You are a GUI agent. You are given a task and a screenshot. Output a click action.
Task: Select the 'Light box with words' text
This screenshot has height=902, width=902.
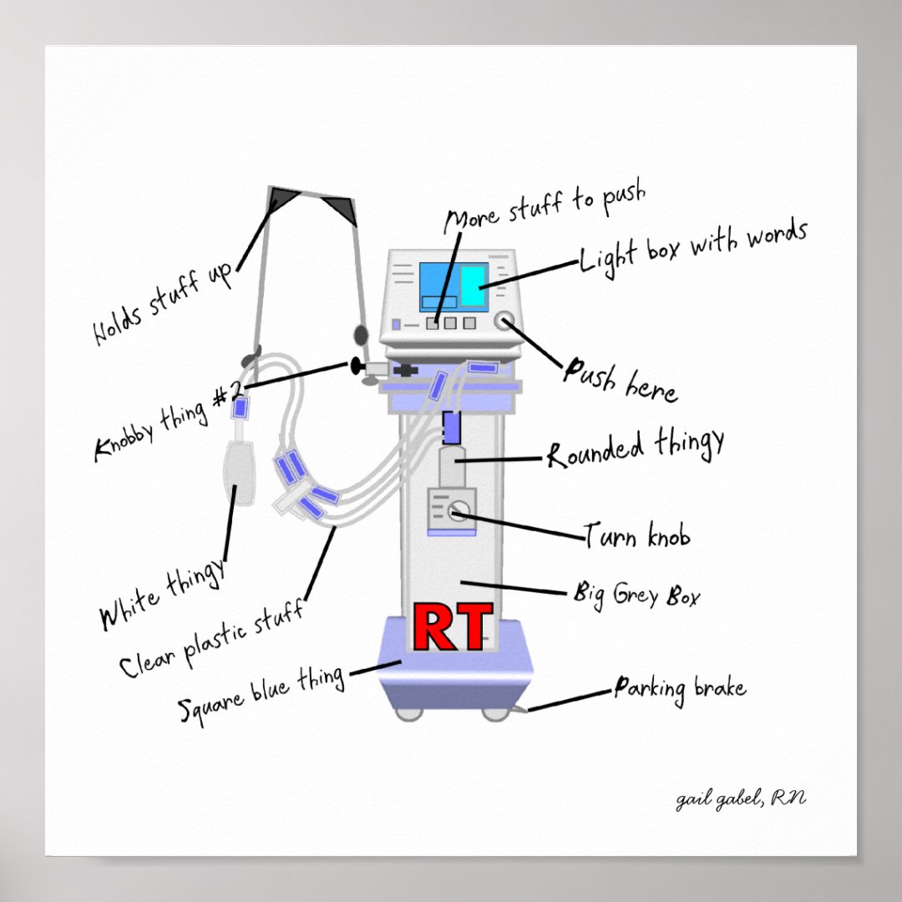point(693,246)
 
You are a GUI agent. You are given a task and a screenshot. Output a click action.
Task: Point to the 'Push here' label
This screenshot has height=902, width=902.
point(620,380)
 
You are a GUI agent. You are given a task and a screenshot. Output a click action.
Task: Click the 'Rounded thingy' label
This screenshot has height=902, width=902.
point(636,448)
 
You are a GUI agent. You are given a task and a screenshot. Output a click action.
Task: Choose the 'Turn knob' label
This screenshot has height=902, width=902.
point(636,535)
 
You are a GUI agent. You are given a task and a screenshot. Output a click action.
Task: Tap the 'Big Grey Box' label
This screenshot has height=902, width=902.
point(636,595)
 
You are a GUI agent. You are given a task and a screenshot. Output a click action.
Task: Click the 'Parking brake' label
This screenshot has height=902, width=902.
point(680,690)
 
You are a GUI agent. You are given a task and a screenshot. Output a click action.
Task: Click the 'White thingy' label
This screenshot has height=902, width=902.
point(163,594)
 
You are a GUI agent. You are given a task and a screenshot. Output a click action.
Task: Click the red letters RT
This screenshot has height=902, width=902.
point(452,628)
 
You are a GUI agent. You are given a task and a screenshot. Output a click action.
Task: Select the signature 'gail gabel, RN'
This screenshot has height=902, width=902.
point(741,799)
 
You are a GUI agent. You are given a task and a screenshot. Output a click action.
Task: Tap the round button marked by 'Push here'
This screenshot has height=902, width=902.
point(504,322)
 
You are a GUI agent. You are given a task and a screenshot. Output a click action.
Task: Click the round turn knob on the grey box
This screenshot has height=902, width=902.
point(458,510)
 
